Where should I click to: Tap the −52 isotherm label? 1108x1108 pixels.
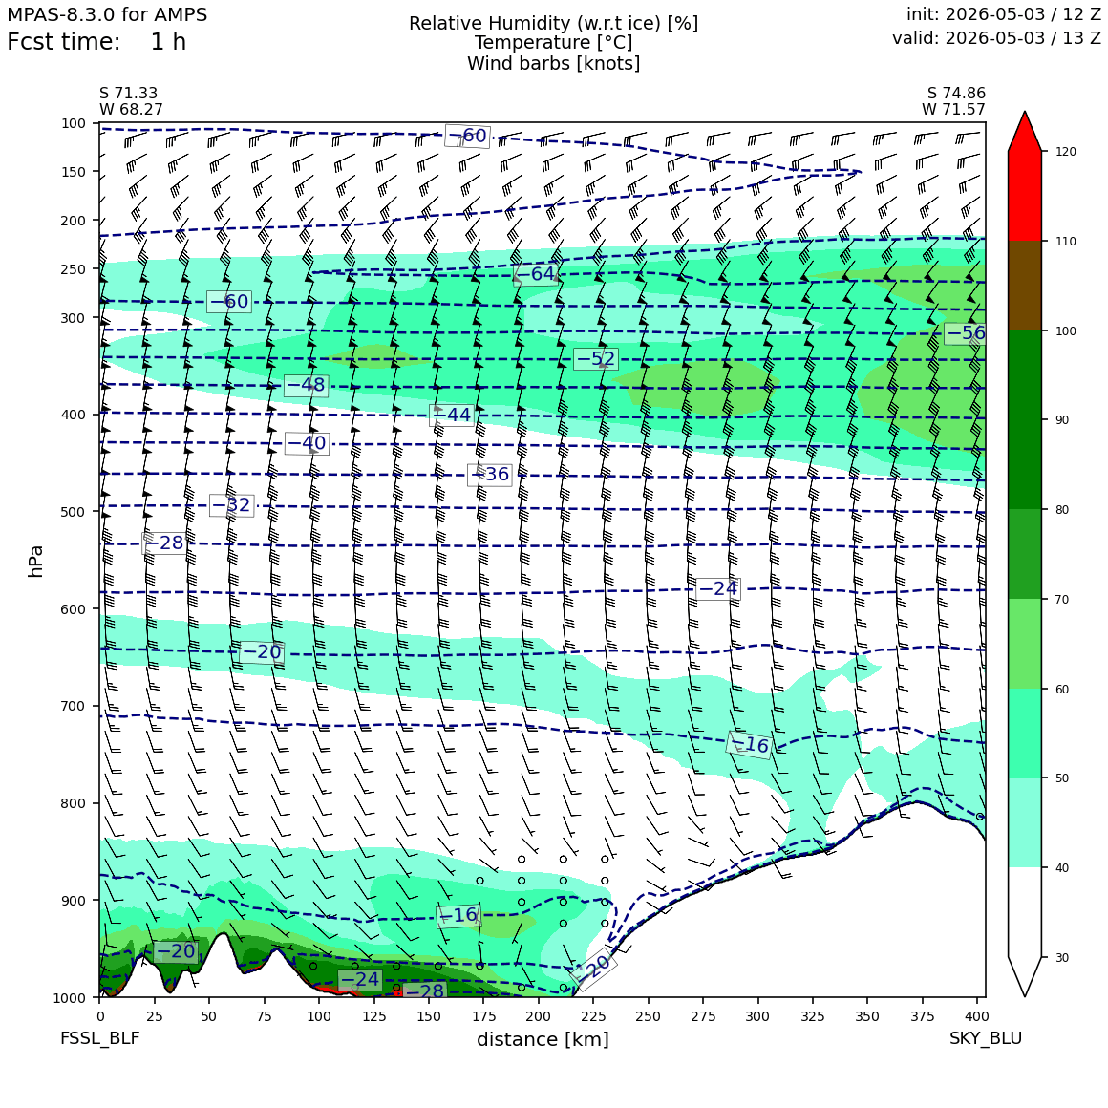tap(596, 359)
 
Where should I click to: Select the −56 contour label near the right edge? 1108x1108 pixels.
tap(966, 333)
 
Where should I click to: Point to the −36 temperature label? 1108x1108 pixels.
tap(490, 474)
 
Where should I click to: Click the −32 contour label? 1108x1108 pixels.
tap(232, 505)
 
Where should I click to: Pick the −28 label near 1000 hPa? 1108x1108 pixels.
tap(425, 991)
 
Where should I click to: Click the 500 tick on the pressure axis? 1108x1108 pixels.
tap(73, 512)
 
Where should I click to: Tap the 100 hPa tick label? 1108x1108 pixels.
tap(73, 123)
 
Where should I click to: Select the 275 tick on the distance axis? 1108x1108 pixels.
tap(703, 1016)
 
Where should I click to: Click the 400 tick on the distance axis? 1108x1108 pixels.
tap(977, 1016)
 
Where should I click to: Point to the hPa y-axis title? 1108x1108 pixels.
tap(36, 561)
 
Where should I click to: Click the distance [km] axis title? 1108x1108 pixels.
tap(543, 1039)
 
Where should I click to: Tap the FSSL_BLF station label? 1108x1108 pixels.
tap(99, 1038)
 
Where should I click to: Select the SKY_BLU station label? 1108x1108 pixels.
tap(986, 1038)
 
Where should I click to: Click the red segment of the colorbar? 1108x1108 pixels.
tap(1025, 196)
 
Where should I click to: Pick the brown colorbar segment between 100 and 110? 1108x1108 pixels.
tap(1025, 286)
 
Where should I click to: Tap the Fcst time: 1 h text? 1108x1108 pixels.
tap(96, 42)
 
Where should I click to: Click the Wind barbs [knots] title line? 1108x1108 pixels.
tap(554, 64)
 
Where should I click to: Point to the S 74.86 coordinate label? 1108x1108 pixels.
tap(956, 94)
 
